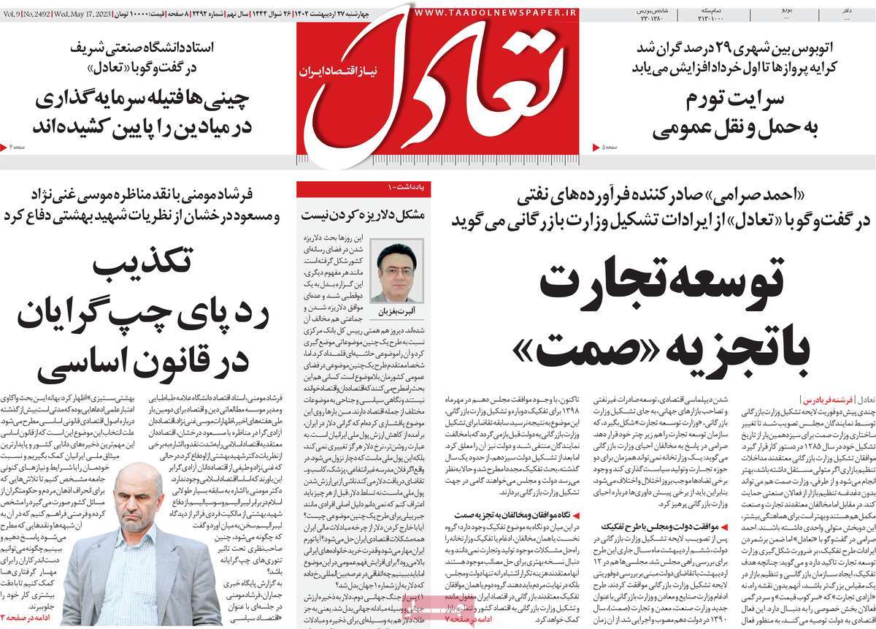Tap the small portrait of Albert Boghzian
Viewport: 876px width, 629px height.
396,271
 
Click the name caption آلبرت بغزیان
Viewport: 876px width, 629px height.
396,311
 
